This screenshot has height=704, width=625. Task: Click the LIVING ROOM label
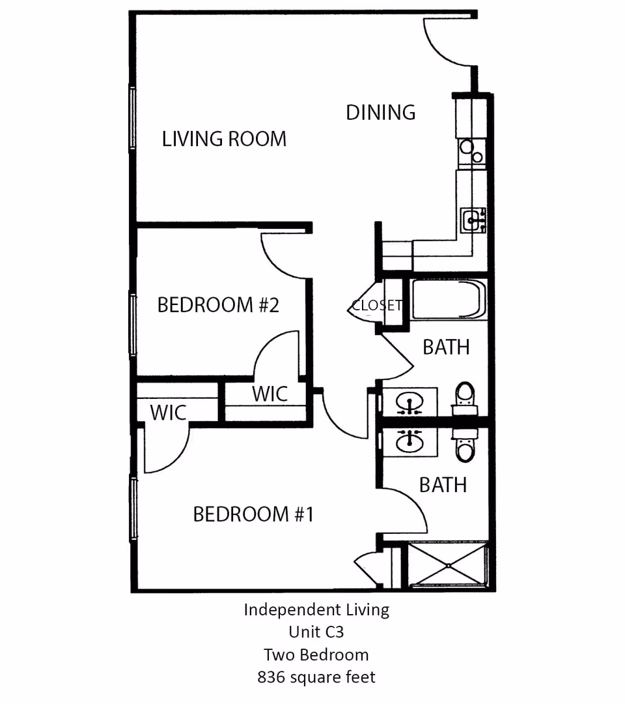(224, 139)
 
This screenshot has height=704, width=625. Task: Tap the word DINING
(381, 112)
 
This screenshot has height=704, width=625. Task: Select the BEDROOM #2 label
(218, 304)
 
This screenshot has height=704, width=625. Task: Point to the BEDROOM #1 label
(253, 514)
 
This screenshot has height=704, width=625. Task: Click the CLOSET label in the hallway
(376, 305)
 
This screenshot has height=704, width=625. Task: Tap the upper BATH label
(446, 347)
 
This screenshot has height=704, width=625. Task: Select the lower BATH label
(443, 485)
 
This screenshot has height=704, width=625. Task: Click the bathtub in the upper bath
(448, 300)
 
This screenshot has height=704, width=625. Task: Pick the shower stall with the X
(448, 565)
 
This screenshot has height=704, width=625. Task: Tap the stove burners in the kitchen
(471, 152)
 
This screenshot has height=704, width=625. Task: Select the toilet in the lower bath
(465, 447)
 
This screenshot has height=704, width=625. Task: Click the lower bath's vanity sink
(410, 441)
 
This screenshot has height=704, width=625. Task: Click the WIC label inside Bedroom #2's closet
(270, 394)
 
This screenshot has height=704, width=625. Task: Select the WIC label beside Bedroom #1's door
(168, 412)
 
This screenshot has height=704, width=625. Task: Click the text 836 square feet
(316, 677)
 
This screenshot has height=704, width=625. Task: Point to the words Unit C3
(316, 632)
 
